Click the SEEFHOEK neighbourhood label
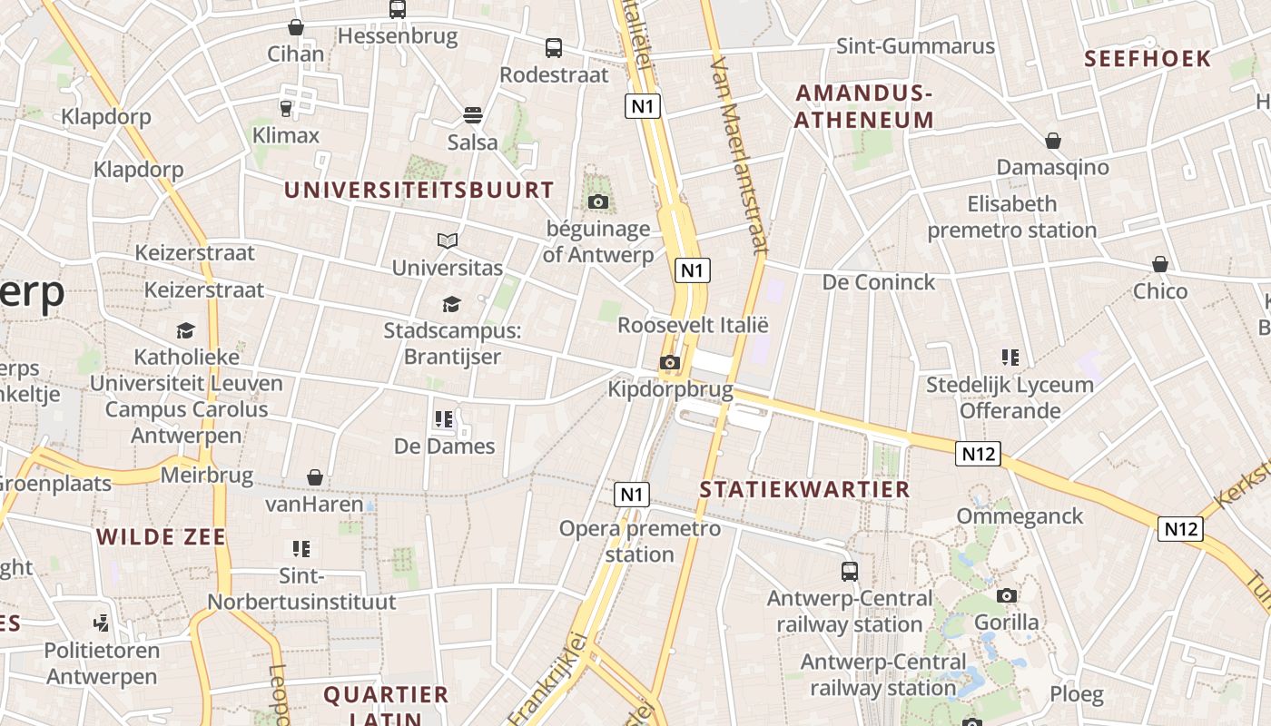pyautogui.click(x=1148, y=59)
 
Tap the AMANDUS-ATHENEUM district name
pyautogui.click(x=863, y=106)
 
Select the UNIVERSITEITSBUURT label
pyautogui.click(x=419, y=190)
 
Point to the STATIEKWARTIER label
pyautogui.click(x=804, y=490)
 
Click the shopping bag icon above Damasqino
pyautogui.click(x=1053, y=141)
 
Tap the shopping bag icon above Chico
pyautogui.click(x=1159, y=264)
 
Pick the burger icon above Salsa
pyautogui.click(x=472, y=115)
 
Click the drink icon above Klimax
pyautogui.click(x=286, y=109)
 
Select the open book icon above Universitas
pyautogui.click(x=447, y=240)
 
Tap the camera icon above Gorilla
pyautogui.click(x=1006, y=595)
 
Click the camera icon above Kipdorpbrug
pyautogui.click(x=669, y=363)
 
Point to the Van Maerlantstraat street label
pyautogui.click(x=741, y=156)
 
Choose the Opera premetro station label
pyautogui.click(x=639, y=541)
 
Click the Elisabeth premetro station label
pyautogui.click(x=1011, y=217)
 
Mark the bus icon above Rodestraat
pyautogui.click(x=554, y=48)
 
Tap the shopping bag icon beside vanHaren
pyautogui.click(x=314, y=477)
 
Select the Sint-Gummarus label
pyautogui.click(x=915, y=46)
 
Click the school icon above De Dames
pyautogui.click(x=444, y=419)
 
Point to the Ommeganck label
pyautogui.click(x=1020, y=516)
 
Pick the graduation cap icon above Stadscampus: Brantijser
pyautogui.click(x=451, y=304)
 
